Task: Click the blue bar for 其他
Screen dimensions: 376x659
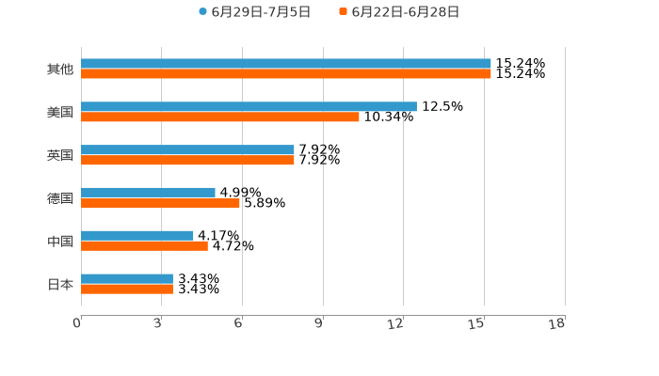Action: [x=286, y=64]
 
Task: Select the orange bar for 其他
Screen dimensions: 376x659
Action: [x=286, y=73]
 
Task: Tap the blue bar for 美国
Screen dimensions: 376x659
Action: [x=249, y=106]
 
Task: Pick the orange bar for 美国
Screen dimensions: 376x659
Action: [x=220, y=117]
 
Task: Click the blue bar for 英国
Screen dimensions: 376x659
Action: [x=187, y=149]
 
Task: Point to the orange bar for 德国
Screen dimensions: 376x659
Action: [x=160, y=202]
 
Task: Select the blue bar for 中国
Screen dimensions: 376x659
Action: [x=137, y=235]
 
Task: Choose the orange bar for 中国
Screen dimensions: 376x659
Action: [x=144, y=245]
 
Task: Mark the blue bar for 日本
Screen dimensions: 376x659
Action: [x=127, y=278]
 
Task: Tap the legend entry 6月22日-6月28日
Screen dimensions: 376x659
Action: [x=405, y=12]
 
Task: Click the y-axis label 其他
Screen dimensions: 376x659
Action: [x=60, y=70]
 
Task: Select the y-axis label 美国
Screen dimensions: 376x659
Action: [x=60, y=113]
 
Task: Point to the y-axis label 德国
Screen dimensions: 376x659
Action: [x=60, y=198]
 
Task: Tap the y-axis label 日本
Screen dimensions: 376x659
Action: [x=60, y=284]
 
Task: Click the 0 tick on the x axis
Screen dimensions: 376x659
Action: [x=77, y=324]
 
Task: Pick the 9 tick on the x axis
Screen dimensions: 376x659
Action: [x=319, y=324]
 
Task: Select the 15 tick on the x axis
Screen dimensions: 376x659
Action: [x=478, y=324]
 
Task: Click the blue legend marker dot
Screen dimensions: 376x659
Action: [x=202, y=12]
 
